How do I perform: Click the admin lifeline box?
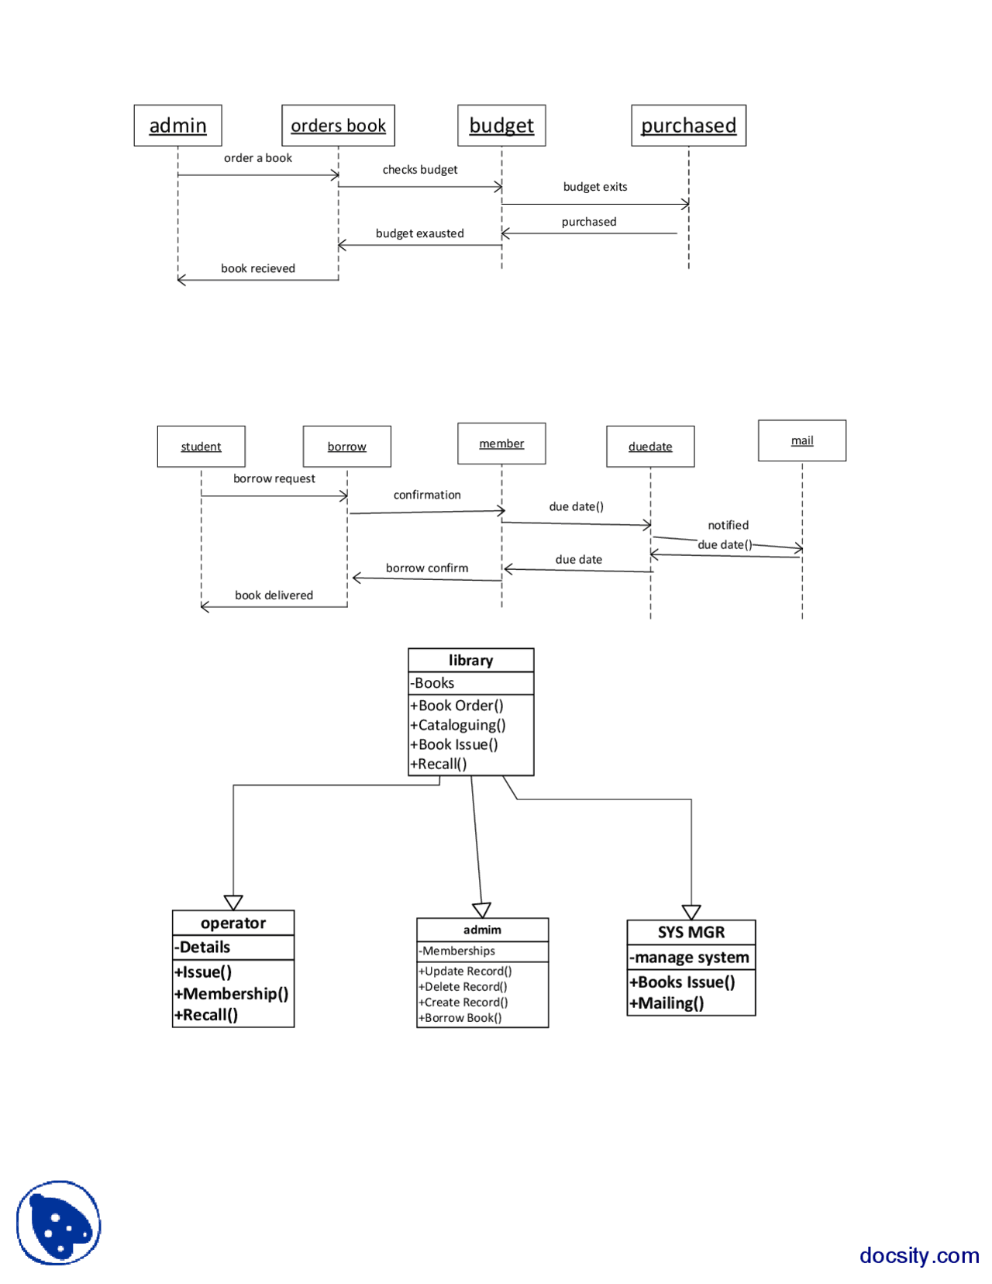177,126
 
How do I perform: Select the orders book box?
338,126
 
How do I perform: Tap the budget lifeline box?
501,126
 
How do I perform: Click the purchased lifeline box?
688,126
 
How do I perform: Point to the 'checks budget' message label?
420,170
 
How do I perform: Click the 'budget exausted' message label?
419,233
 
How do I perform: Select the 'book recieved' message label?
258,268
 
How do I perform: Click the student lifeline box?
201,447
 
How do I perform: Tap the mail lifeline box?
802,440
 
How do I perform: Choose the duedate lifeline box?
650,447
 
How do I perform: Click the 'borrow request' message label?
274,478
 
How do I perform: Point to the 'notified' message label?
728,525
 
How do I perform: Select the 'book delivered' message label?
274,595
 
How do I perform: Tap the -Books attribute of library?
433,683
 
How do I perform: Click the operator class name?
233,923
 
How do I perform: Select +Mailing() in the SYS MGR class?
667,1003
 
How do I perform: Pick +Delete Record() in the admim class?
463,987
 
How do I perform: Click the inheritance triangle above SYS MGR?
691,912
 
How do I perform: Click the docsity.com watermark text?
919,1255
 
